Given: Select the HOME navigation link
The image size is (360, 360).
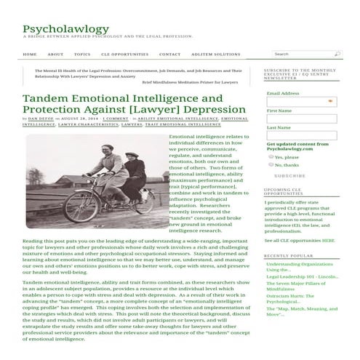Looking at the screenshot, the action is coord(30,54).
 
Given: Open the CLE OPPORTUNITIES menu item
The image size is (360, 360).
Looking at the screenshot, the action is coord(125,54).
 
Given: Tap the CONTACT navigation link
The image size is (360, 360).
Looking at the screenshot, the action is coord(169,54).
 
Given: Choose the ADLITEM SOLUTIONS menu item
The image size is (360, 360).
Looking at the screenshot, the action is coord(216,54).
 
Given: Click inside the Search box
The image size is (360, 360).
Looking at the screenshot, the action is coord(301,54).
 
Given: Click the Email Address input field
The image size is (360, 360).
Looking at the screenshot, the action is coord(300,102).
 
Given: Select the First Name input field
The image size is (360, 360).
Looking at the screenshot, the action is coord(300,119).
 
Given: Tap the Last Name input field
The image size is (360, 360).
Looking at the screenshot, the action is coord(300,136).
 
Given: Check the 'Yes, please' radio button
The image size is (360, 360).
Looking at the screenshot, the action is coord(271,156).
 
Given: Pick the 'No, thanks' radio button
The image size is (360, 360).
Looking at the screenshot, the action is coord(271,164).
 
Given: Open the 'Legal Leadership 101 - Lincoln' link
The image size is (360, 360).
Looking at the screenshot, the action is coord(302,276).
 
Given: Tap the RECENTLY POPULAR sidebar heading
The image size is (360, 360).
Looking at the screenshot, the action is coord(288,255).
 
